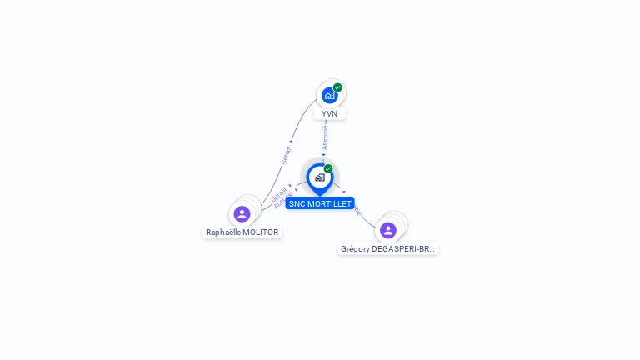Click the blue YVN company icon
(x=330, y=96)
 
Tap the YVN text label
(x=329, y=114)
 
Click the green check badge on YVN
(x=337, y=87)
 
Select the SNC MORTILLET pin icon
(x=319, y=177)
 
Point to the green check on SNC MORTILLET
(x=328, y=169)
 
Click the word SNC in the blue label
(x=297, y=203)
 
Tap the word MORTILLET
(x=328, y=203)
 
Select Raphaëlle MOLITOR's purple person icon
(x=242, y=214)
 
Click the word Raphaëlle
(x=223, y=232)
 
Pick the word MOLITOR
(x=261, y=232)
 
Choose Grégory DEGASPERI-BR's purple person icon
(x=387, y=230)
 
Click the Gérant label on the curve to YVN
(x=286, y=156)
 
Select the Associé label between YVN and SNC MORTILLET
(x=325, y=137)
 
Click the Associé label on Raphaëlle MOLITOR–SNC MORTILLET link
(x=283, y=201)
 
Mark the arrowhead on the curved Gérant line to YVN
(x=292, y=142)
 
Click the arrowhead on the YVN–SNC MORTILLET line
(x=323, y=154)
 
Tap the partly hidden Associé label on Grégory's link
(x=357, y=211)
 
